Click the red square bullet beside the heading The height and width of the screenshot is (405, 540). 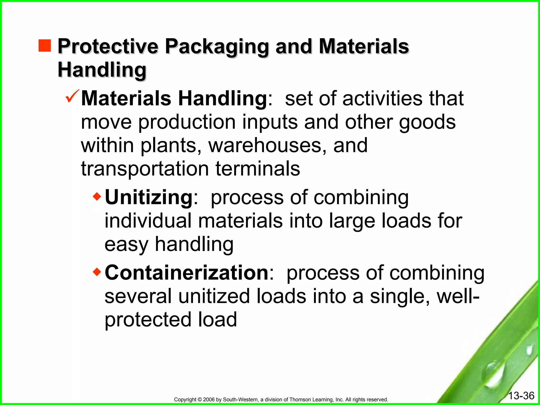tap(45, 45)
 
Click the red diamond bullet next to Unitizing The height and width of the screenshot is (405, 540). tap(97, 196)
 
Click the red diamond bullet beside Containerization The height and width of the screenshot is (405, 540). tap(97, 272)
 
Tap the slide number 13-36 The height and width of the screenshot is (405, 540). tap(521, 396)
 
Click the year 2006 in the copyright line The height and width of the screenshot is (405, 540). tap(209, 399)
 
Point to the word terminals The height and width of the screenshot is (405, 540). tap(258, 169)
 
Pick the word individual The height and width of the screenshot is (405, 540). tap(148, 221)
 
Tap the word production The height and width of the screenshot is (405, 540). tap(187, 122)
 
